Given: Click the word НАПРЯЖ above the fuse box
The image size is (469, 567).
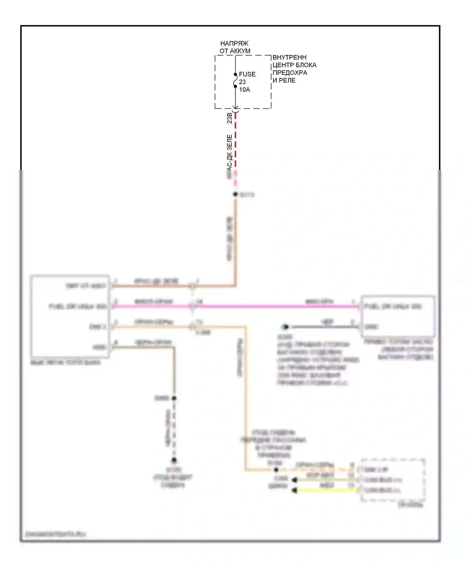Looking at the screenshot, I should [x=234, y=43].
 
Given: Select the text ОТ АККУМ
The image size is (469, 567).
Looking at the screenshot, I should [x=235, y=51].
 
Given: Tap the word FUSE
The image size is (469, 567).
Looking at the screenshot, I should [x=247, y=74].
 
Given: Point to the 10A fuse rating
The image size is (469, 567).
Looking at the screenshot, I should [x=245, y=90].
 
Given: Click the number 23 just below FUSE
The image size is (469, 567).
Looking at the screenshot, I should [x=242, y=82].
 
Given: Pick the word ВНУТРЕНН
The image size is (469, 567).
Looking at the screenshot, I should [x=290, y=58].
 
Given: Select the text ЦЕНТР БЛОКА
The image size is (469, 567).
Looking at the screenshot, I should [x=295, y=65].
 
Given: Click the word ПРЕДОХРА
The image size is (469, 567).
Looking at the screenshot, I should [x=290, y=73].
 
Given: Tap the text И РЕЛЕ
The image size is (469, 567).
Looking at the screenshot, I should [x=284, y=80].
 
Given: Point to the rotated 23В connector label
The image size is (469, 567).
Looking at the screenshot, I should [x=229, y=118].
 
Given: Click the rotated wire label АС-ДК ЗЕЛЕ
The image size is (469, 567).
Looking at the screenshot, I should [x=229, y=153].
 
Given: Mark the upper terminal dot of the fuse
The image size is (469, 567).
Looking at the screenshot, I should [x=235, y=74].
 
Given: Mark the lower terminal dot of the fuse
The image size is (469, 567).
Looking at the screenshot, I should [x=235, y=86].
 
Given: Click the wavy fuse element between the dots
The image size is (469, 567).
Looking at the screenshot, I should [x=235, y=81].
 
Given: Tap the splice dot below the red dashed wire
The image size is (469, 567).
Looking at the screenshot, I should [x=235, y=194].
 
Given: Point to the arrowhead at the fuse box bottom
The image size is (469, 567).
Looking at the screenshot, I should [x=235, y=107].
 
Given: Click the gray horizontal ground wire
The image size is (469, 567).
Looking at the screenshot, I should [x=325, y=327].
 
